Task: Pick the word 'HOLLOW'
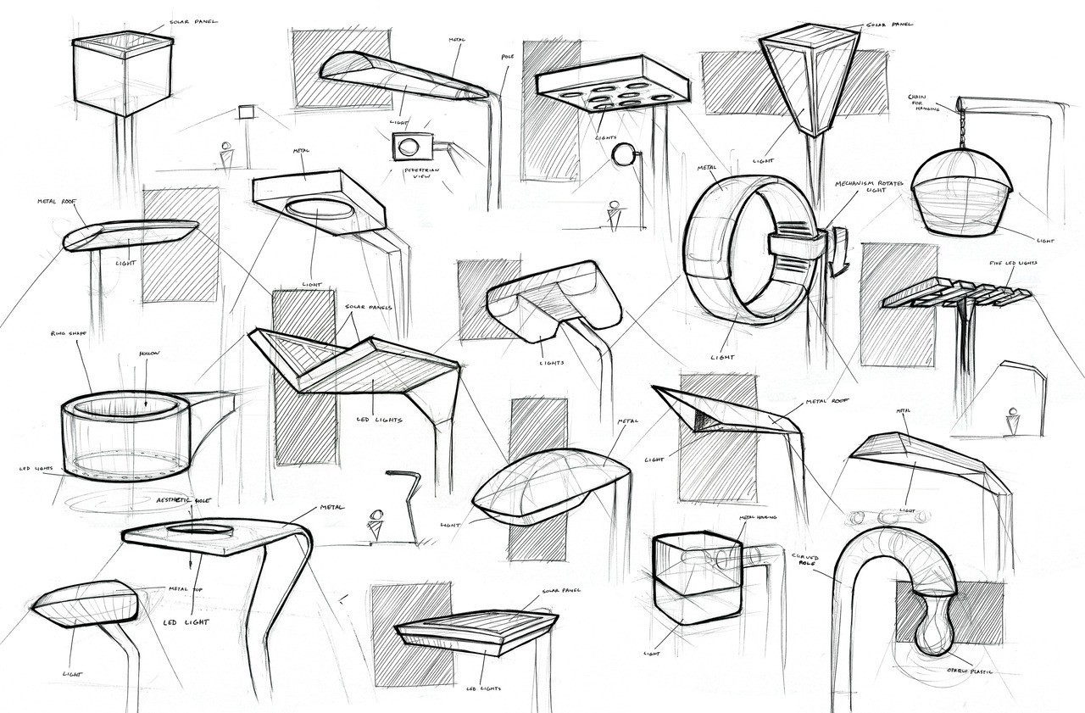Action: click(149, 353)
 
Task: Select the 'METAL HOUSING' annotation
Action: click(758, 516)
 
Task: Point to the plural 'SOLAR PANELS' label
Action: click(369, 307)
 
